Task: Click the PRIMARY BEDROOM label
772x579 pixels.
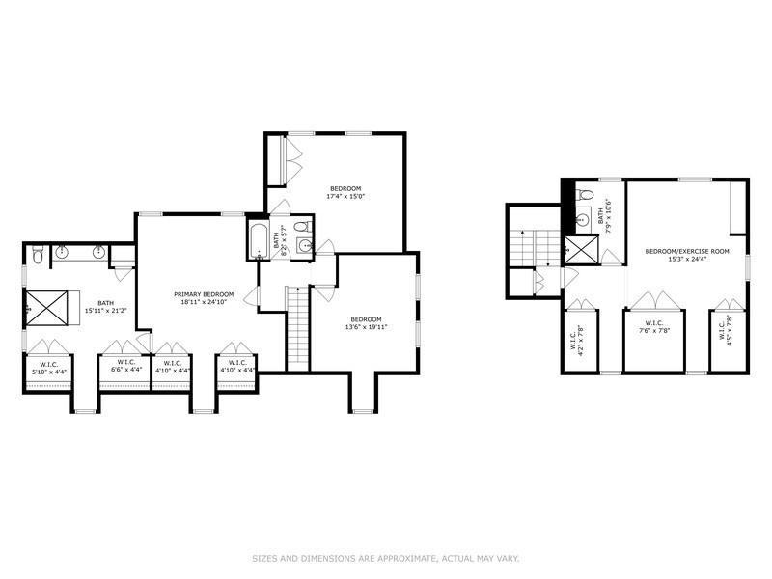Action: tap(203, 293)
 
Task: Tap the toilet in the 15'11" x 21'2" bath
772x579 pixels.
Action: tap(37, 255)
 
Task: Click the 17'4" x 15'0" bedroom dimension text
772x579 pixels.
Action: tap(345, 197)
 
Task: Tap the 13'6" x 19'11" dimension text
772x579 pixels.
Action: tap(366, 327)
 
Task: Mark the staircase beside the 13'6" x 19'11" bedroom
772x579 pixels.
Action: tap(298, 328)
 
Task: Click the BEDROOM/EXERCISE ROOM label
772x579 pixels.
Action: tap(687, 251)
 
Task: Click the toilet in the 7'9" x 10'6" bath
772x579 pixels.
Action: tap(584, 196)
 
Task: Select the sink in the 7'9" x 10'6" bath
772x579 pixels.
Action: tap(581, 219)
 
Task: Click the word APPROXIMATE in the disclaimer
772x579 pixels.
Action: tap(400, 558)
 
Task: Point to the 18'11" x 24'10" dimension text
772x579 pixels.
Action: tap(203, 301)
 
